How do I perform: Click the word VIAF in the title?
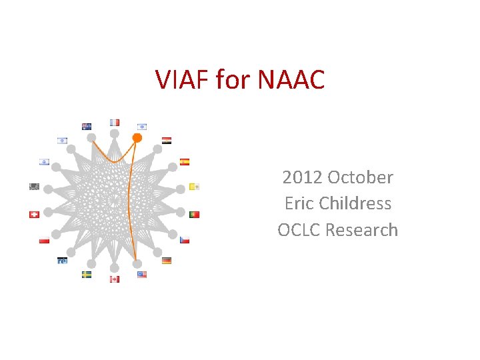coord(182,80)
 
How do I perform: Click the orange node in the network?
coord(137,138)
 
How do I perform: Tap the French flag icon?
coord(115,123)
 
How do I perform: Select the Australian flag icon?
coord(87,126)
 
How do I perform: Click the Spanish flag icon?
coord(185,161)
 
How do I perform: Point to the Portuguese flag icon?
coord(194,215)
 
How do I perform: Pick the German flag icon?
coord(167,261)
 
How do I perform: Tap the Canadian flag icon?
coord(115,279)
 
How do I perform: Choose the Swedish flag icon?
coord(87,274)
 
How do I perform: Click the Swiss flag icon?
coord(35,215)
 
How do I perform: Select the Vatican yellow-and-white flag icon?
coord(194,187)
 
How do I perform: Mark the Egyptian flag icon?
coord(167,141)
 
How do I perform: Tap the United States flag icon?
coord(141,274)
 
